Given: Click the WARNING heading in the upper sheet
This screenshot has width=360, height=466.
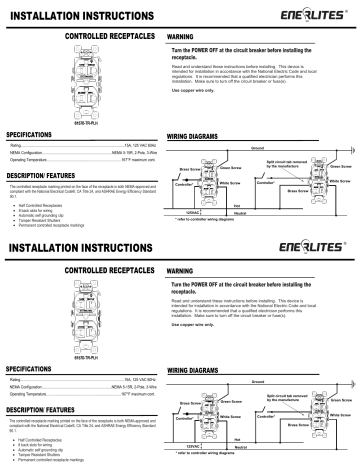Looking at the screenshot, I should [184, 35].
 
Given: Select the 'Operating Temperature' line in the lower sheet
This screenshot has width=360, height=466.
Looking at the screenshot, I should [80, 395].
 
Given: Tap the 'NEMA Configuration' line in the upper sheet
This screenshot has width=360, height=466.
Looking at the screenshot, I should [80, 153].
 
